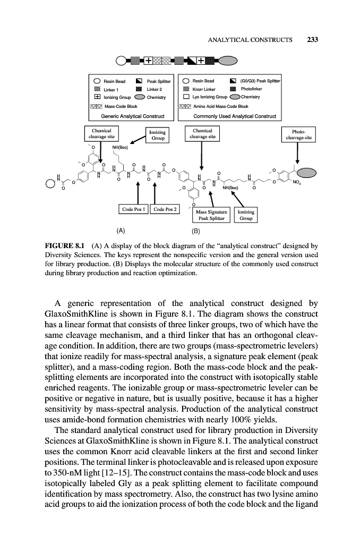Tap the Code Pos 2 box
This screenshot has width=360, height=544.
[x=165, y=209]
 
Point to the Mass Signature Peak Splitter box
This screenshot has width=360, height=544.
[x=211, y=215]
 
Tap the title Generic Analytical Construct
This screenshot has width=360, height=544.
[x=132, y=115]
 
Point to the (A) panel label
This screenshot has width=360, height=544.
[x=121, y=231]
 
